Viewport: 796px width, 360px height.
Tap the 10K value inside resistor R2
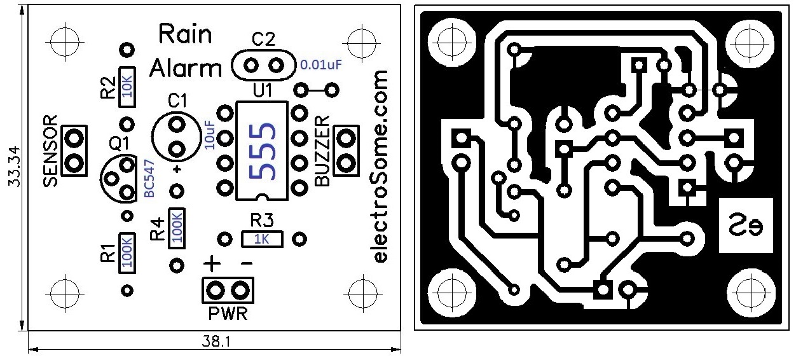tap(128, 83)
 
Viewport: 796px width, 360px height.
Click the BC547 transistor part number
tap(150, 180)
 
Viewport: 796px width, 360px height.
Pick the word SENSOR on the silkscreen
tap(52, 151)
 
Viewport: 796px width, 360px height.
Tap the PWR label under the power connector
tap(227, 314)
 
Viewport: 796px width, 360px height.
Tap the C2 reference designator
tap(263, 39)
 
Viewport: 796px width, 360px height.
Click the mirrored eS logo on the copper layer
tap(745, 225)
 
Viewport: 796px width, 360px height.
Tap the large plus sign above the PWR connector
tap(212, 263)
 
